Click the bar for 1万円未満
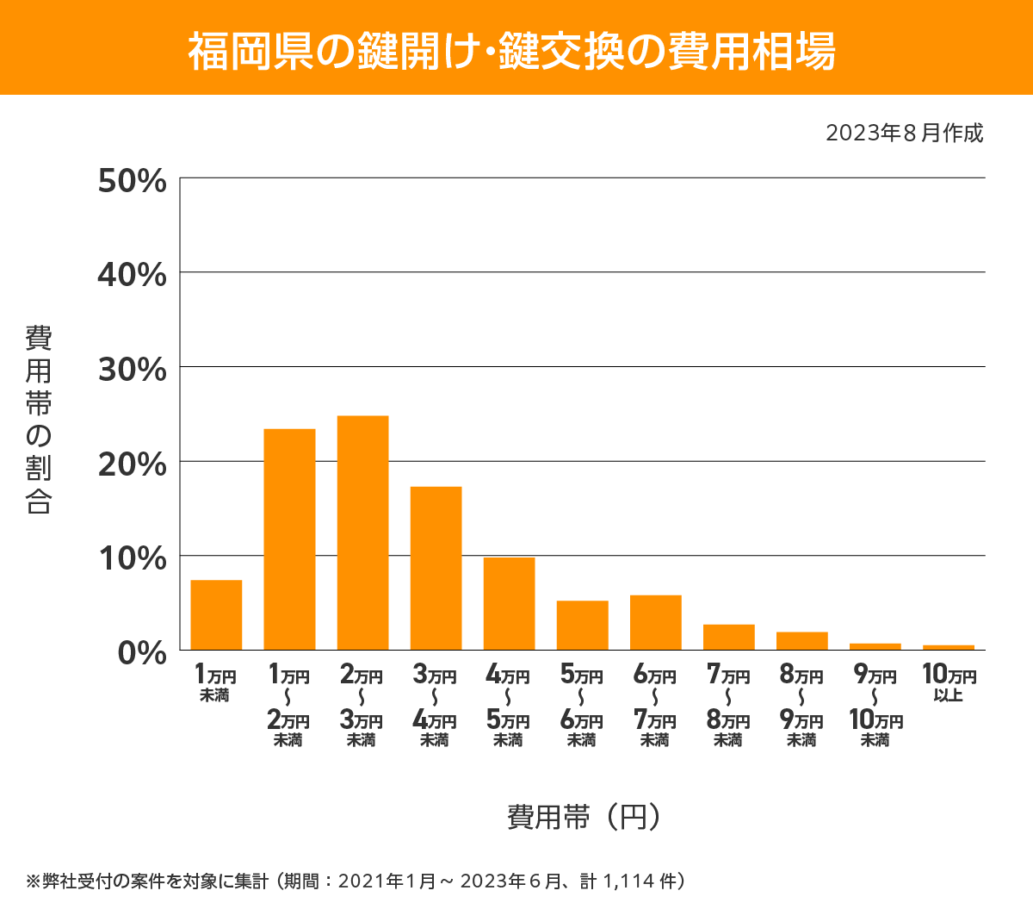click(216, 615)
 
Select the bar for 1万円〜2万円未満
click(289, 539)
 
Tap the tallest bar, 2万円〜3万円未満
click(362, 533)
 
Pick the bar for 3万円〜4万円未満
click(436, 569)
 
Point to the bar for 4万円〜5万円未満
click(509, 604)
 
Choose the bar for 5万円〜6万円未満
click(582, 626)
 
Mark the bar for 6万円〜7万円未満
click(655, 623)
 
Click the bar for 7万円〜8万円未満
click(728, 638)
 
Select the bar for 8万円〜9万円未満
click(801, 641)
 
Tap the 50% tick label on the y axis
click(132, 181)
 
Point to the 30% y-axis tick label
click(132, 370)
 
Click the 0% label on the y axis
click(141, 653)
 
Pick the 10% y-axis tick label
click(132, 558)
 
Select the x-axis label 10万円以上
click(949, 683)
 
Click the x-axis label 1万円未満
click(215, 683)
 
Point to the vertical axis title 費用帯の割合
click(39, 420)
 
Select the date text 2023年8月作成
click(904, 134)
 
